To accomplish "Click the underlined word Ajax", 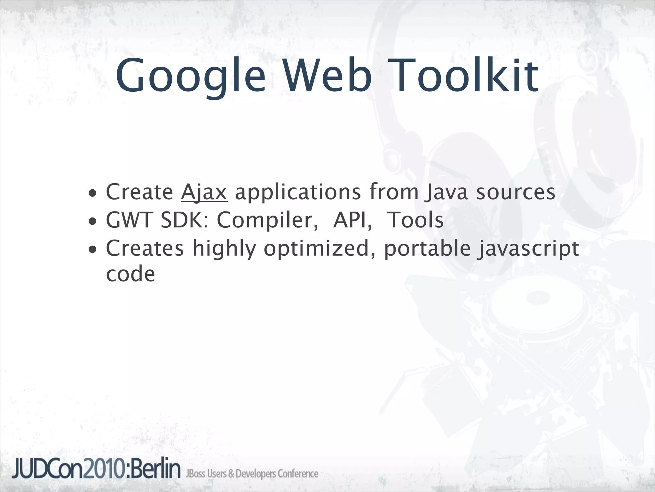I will (x=204, y=193).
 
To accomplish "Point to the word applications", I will (x=298, y=193).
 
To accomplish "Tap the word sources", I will (x=515, y=193).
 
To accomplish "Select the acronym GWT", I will (x=130, y=220).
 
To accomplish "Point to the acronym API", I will (x=352, y=220).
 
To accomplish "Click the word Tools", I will (x=415, y=220).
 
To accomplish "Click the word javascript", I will (x=527, y=249).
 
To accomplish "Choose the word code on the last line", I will (x=130, y=275).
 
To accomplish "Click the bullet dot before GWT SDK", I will (x=92, y=221).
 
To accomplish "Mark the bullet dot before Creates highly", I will (x=92, y=249).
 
